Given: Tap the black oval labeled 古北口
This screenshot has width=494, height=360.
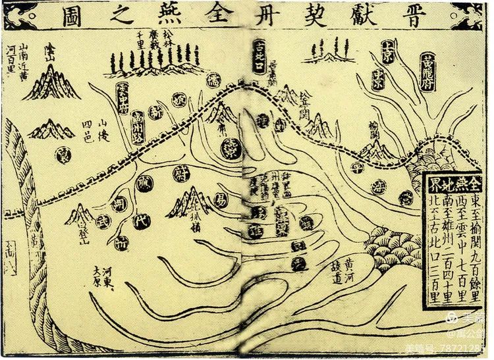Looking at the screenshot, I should (x=261, y=58).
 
